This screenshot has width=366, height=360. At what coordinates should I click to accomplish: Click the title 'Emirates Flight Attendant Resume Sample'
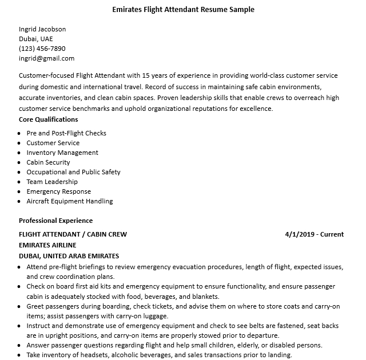tap(183, 10)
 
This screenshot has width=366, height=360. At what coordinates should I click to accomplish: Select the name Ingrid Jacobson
tap(42, 29)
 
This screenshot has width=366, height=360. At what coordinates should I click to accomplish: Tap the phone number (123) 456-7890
tap(42, 49)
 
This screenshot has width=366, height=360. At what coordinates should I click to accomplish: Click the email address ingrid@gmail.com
tap(46, 58)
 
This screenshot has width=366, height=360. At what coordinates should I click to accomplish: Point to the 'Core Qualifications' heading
tap(48, 119)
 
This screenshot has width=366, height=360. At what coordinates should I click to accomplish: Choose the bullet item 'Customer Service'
tap(53, 143)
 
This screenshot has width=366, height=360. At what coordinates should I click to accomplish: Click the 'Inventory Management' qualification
tap(62, 153)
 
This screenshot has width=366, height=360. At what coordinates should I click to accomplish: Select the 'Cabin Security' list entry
tap(49, 162)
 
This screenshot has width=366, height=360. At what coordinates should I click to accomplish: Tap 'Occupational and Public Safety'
tap(73, 172)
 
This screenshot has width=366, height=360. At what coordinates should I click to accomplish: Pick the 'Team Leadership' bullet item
tap(52, 182)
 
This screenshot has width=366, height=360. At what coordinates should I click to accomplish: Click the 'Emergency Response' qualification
tap(59, 191)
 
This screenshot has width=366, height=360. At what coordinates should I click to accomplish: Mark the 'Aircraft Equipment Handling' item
tap(70, 201)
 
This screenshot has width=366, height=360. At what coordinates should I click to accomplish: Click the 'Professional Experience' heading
tap(55, 221)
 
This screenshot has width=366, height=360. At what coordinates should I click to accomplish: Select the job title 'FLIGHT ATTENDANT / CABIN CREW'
tap(73, 234)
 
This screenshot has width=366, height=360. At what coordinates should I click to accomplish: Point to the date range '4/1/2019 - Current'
tap(314, 234)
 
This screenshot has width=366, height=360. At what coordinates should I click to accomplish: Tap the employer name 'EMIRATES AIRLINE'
tap(47, 245)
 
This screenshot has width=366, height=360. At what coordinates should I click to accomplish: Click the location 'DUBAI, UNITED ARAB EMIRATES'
tap(69, 256)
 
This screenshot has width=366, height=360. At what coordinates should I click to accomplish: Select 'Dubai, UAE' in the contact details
tap(35, 39)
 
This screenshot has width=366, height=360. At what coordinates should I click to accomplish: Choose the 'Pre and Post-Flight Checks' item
tap(66, 133)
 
